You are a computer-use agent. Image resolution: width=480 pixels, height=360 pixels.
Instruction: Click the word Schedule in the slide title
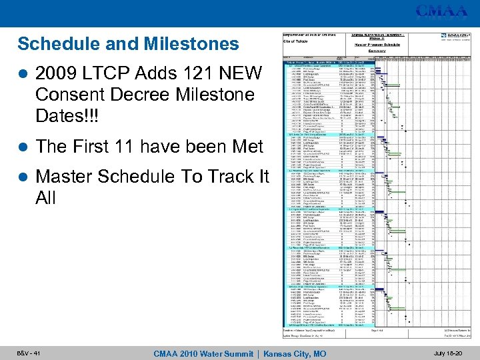coord(56,44)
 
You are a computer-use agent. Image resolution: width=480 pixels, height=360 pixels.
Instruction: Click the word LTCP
coord(115,72)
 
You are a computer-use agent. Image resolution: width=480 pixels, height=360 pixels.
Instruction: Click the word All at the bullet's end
coord(46,199)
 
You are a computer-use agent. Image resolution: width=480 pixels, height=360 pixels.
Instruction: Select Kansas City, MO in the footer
coord(295,353)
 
